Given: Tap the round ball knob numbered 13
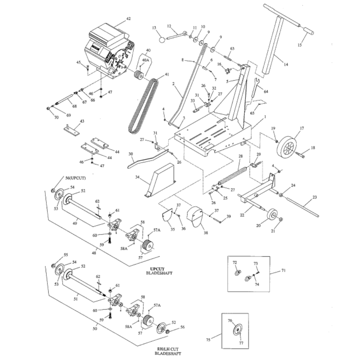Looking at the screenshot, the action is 162,40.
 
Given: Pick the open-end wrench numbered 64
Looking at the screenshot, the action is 255,86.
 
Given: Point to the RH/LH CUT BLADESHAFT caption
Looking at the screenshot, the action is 168,351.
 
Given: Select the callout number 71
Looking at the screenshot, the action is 284,270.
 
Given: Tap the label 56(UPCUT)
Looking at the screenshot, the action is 76,178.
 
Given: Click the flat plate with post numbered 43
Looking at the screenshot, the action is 72,129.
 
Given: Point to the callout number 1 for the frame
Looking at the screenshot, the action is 265,117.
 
